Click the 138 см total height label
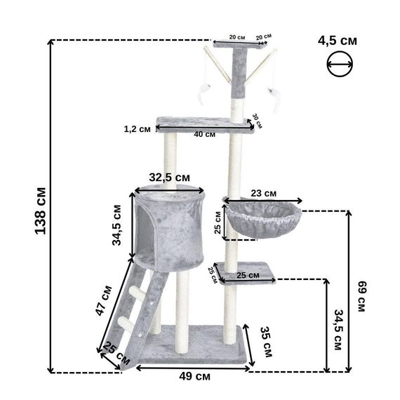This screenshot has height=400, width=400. (40, 211)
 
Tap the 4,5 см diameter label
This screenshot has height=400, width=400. (338, 41)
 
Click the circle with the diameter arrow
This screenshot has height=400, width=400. (340, 64)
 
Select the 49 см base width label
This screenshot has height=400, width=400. (194, 377)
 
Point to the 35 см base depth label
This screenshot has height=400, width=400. (267, 342)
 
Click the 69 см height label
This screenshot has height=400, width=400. (362, 296)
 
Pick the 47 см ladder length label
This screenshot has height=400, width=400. (104, 300)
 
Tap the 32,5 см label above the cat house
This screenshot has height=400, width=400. (169, 178)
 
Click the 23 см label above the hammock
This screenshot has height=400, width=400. (264, 194)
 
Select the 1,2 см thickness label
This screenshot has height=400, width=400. (138, 129)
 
